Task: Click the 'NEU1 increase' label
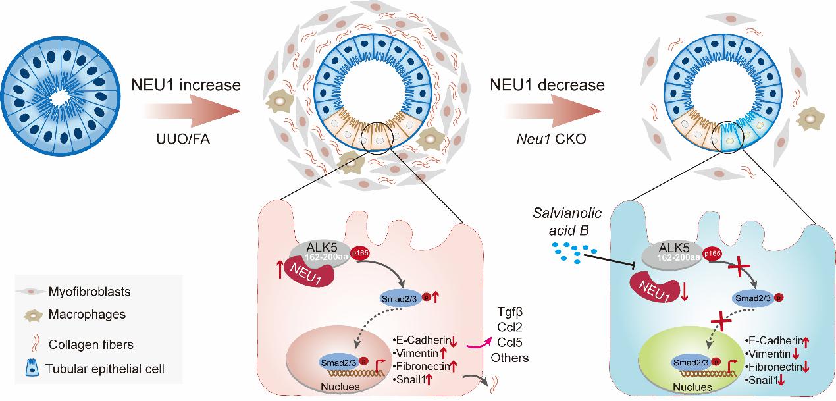coord(186,85)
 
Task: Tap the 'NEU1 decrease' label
coord(548,85)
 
